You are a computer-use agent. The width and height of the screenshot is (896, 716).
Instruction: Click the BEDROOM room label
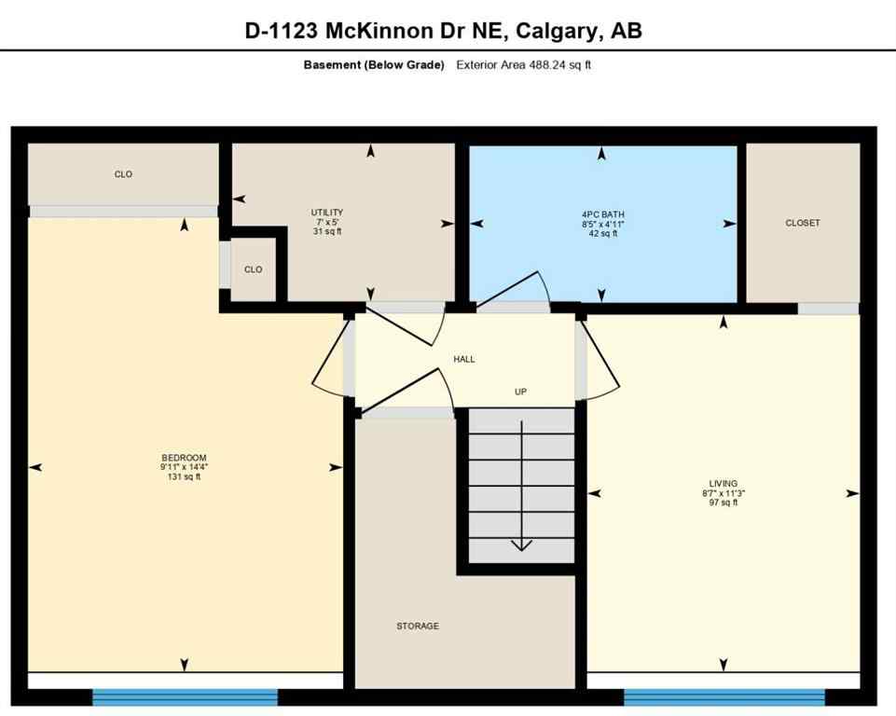184,457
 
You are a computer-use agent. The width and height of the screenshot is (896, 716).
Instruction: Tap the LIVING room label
723,484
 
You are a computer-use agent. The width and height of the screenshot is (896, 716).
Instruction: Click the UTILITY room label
327,213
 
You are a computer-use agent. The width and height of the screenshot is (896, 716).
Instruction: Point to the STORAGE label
417,626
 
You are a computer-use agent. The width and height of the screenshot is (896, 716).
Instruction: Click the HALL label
464,359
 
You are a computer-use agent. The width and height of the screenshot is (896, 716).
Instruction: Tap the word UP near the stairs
521,392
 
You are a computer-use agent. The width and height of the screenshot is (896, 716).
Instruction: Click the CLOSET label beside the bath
803,223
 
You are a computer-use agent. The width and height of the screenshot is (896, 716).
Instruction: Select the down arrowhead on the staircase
521,544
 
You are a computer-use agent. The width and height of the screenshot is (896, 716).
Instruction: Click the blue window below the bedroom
185,697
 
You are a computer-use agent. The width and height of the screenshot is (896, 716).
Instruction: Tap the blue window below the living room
724,697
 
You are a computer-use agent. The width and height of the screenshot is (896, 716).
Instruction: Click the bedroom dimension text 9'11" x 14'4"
184,467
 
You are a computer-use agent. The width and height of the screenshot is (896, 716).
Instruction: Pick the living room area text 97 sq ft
723,503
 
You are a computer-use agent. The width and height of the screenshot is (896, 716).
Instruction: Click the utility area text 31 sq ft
327,232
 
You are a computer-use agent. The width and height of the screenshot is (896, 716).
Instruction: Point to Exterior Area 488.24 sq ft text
524,65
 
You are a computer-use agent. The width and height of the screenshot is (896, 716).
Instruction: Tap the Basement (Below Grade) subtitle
374,65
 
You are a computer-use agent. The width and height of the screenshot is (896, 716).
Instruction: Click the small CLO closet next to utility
254,269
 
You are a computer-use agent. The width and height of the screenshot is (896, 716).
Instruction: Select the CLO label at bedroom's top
123,174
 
